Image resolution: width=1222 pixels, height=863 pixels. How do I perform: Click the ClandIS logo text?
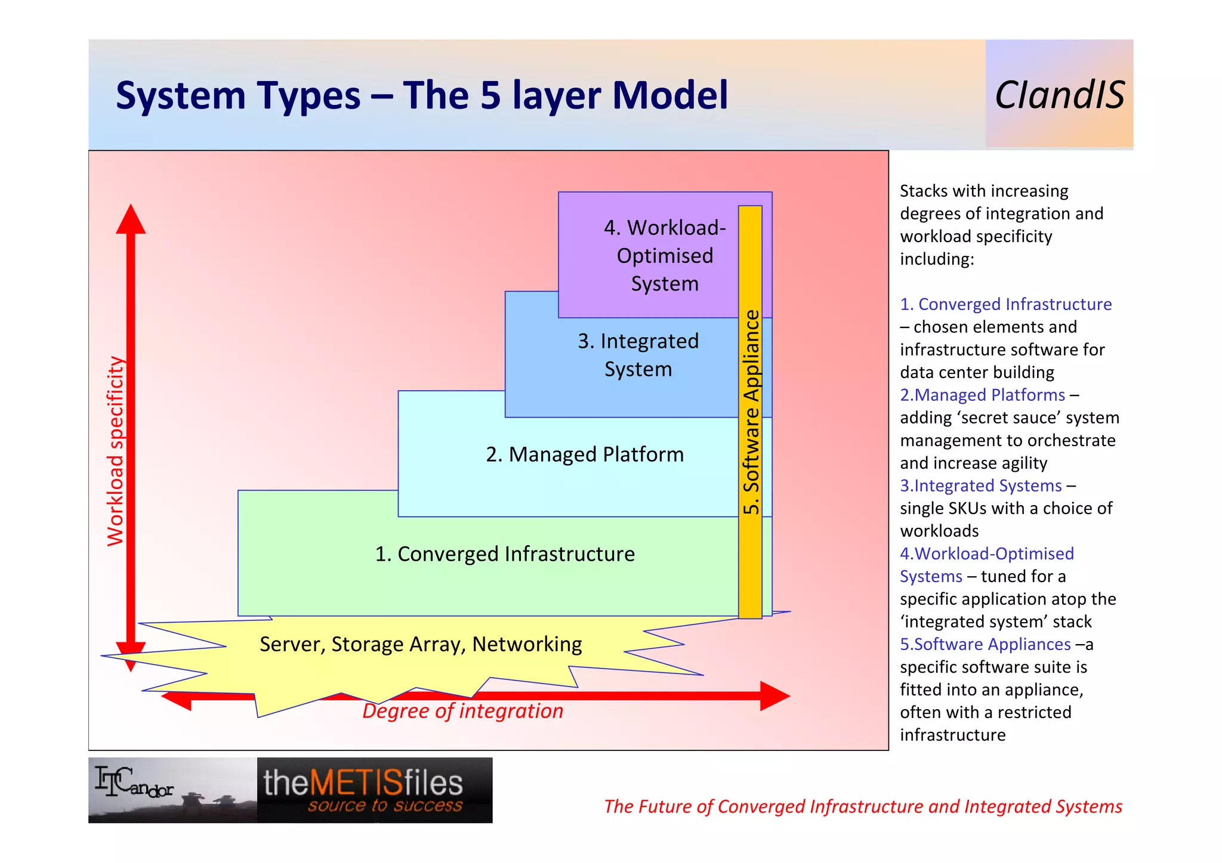(1059, 95)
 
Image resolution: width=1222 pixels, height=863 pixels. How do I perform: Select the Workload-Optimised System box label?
(665, 255)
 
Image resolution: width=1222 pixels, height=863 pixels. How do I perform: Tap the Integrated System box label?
(638, 355)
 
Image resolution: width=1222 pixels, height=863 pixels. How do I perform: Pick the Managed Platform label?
(584, 454)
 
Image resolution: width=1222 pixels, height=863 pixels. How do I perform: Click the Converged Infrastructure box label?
(504, 554)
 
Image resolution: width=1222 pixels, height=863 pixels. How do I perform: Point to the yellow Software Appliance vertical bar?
(750, 412)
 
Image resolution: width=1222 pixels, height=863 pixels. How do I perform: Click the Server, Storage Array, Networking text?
(421, 644)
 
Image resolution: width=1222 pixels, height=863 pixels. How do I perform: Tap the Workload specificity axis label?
(115, 451)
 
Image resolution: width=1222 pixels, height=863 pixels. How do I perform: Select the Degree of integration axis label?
(462, 711)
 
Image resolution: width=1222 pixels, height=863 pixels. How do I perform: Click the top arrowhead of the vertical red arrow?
(131, 219)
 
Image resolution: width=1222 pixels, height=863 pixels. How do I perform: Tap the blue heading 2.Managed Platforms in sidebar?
(982, 395)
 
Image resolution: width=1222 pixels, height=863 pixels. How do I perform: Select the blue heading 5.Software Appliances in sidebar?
(985, 644)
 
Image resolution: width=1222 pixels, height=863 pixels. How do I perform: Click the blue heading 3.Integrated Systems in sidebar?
(980, 485)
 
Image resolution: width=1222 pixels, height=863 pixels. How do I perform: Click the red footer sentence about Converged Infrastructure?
(863, 806)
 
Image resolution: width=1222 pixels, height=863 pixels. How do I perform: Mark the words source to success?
(385, 806)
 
